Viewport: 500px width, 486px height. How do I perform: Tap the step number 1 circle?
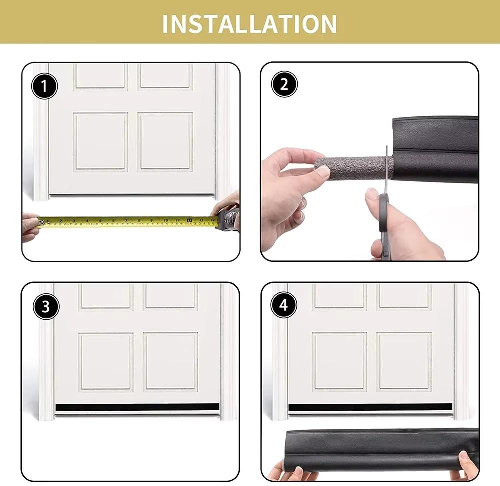(45, 87)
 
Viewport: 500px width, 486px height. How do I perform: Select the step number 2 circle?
(284, 84)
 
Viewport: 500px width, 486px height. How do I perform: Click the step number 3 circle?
(46, 307)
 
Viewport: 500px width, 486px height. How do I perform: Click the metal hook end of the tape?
(39, 221)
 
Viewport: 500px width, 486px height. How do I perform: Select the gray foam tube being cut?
(350, 167)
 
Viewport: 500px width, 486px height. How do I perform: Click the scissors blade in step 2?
(386, 170)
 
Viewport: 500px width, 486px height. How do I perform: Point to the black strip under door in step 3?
(137, 407)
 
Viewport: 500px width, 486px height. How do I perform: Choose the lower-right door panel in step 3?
(171, 361)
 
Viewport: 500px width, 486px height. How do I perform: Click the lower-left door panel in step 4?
(340, 361)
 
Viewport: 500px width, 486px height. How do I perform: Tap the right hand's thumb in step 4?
(464, 459)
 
